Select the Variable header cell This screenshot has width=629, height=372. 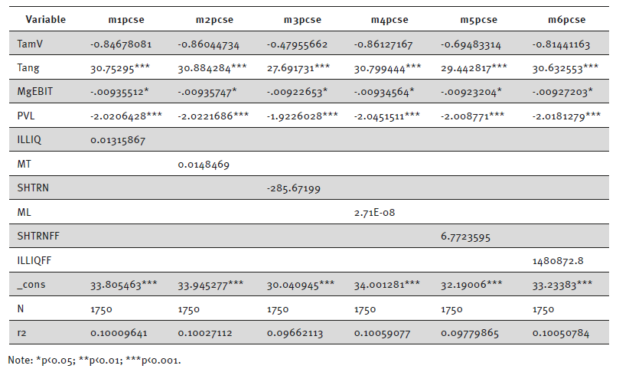coord(46,19)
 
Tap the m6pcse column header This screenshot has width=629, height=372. coord(564,19)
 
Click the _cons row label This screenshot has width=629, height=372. coord(31,285)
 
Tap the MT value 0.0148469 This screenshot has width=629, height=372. coord(204,165)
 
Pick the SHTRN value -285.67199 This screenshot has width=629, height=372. coord(293,188)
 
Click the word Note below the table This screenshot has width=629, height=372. coord(18,359)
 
